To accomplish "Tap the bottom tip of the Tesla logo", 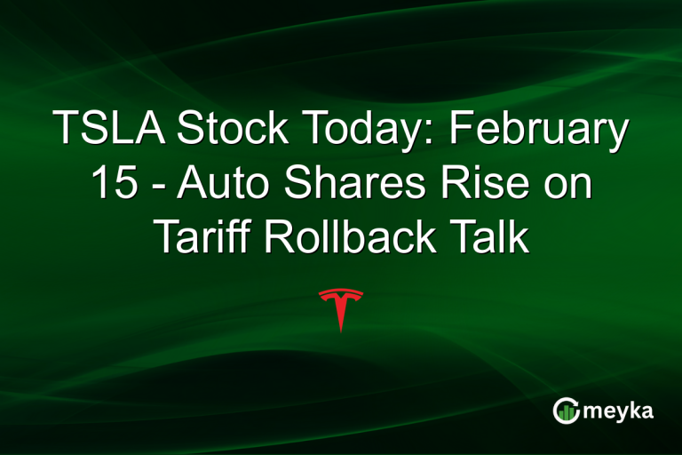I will click(x=341, y=330).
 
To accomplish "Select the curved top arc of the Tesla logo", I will click(x=341, y=291).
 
